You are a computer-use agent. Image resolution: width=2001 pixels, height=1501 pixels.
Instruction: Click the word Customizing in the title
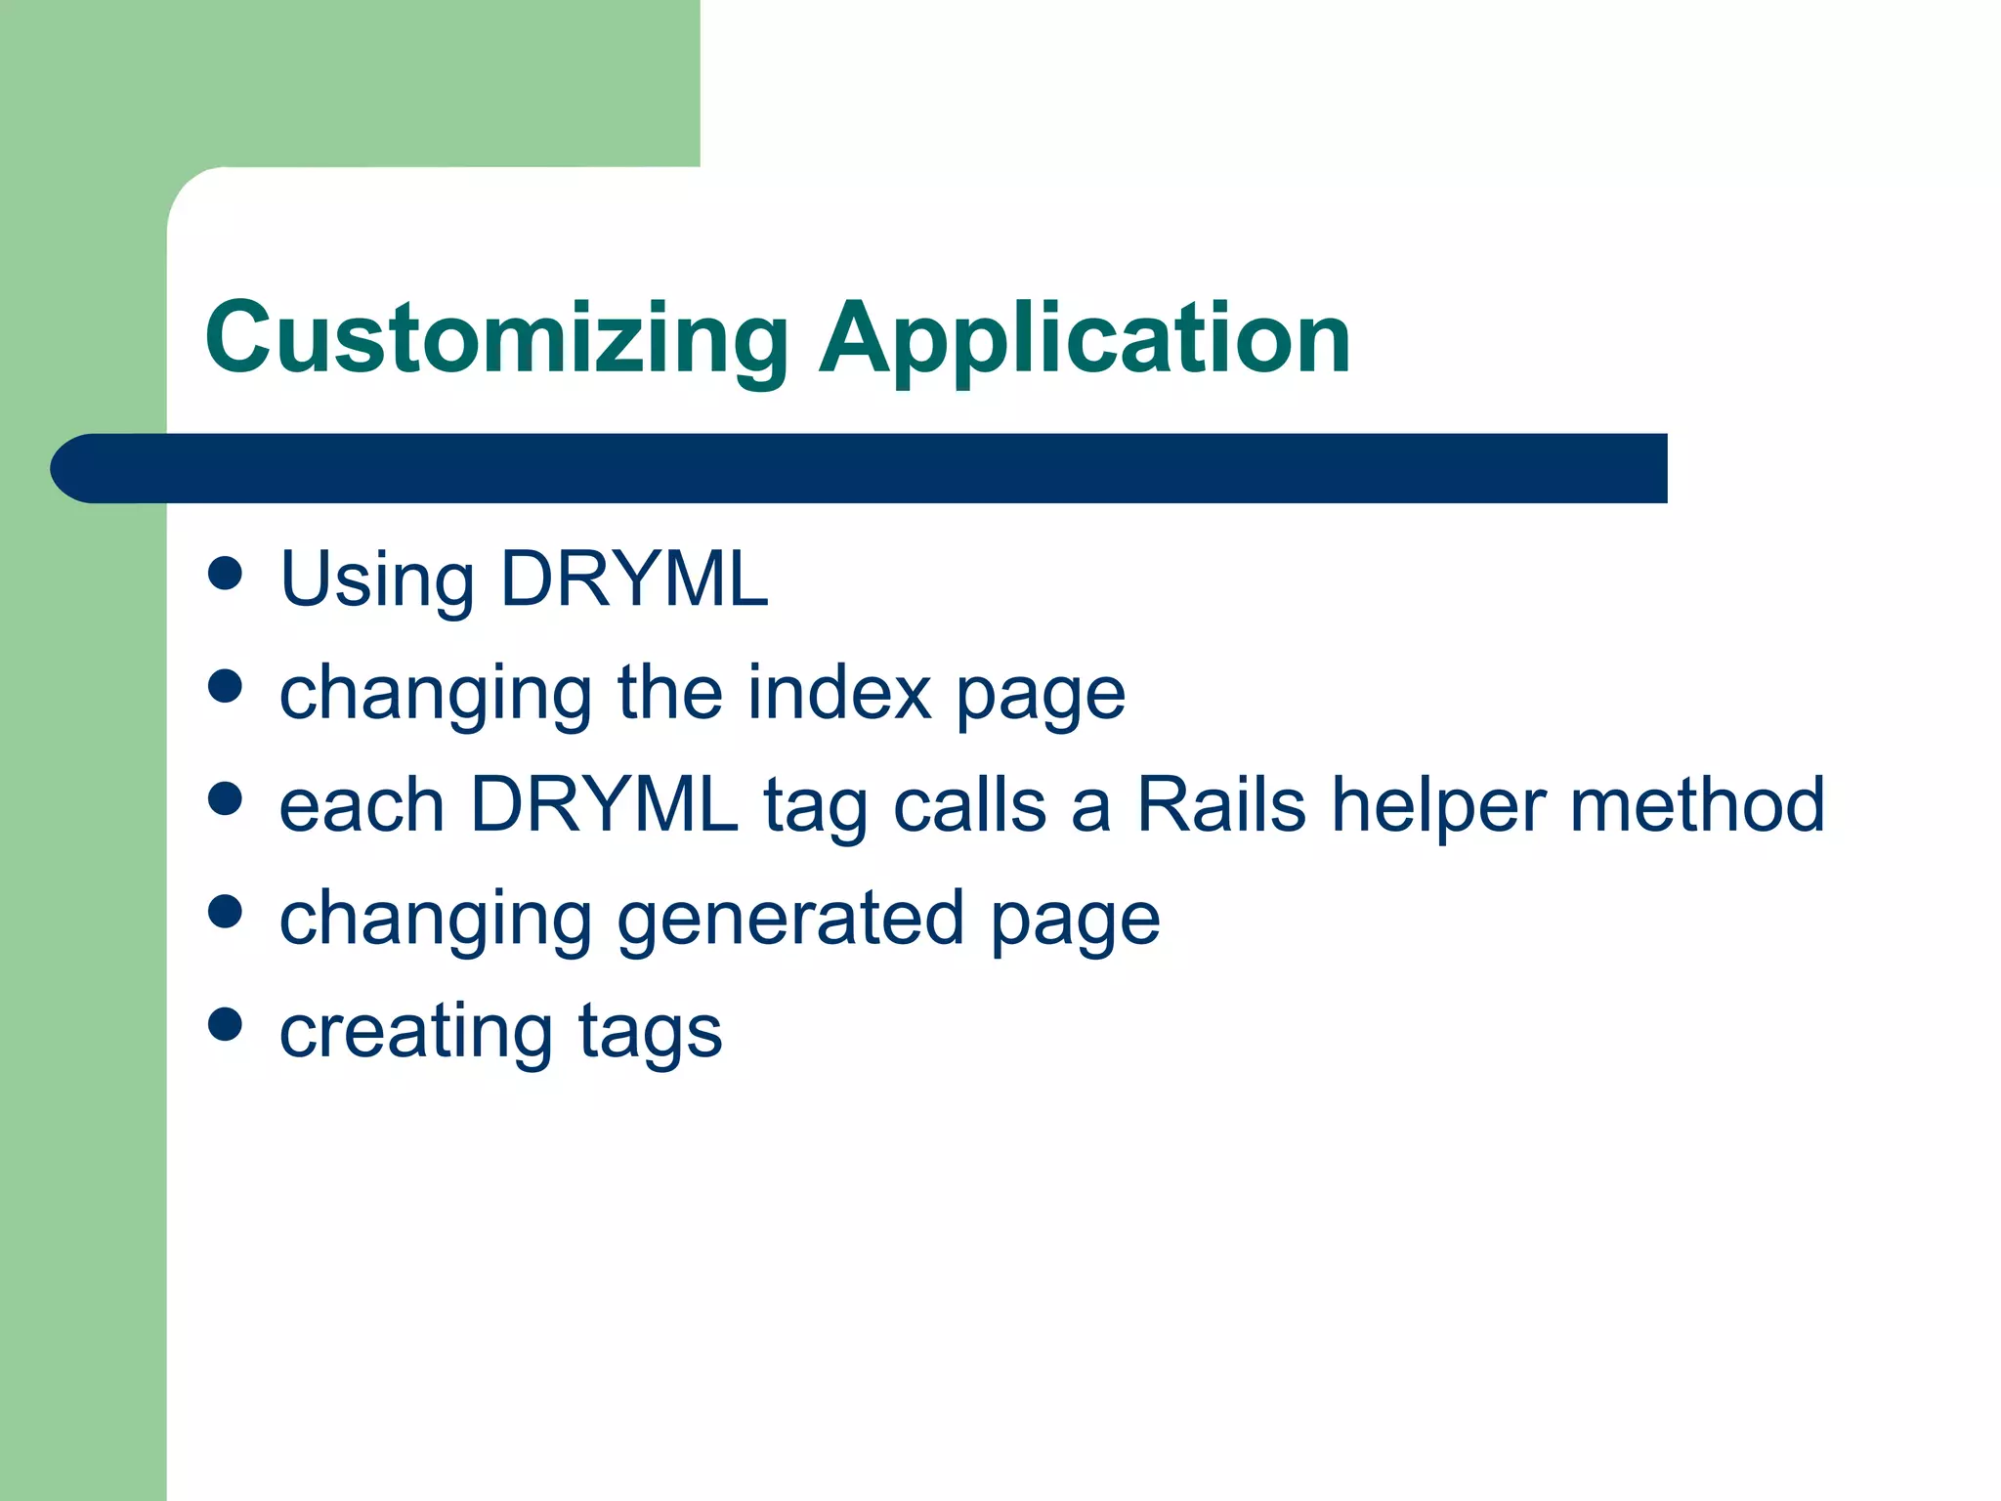pyautogui.click(x=496, y=338)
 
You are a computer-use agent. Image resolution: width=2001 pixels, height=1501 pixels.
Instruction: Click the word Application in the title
pyautogui.click(x=1085, y=338)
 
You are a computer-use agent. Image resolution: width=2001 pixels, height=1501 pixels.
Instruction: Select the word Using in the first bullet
pyautogui.click(x=377, y=580)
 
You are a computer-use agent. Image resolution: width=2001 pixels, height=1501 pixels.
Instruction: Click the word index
pyautogui.click(x=840, y=692)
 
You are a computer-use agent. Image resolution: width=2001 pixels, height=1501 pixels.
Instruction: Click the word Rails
pyautogui.click(x=1221, y=805)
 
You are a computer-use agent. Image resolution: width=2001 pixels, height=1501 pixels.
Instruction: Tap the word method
pyautogui.click(x=1697, y=805)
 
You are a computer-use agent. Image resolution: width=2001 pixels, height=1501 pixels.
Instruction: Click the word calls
pyautogui.click(x=970, y=805)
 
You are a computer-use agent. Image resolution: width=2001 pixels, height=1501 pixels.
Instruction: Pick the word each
pyautogui.click(x=362, y=805)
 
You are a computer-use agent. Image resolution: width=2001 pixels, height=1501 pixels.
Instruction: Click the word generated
pyautogui.click(x=791, y=919)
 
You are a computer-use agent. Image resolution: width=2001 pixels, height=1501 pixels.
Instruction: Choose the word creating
pyautogui.click(x=416, y=1032)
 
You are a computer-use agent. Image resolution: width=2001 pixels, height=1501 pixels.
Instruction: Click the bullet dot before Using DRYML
pyautogui.click(x=225, y=574)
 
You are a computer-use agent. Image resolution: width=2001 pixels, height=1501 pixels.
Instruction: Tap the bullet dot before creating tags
pyautogui.click(x=225, y=1025)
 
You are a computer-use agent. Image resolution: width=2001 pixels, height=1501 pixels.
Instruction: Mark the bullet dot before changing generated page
pyautogui.click(x=225, y=912)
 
